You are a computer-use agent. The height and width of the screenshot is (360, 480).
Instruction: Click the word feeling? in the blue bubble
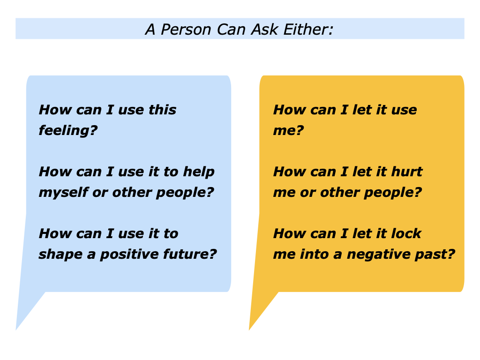coord(67,130)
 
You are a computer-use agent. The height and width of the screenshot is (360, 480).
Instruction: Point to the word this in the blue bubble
coord(162,110)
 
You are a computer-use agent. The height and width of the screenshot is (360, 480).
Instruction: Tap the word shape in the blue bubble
coord(57,254)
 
